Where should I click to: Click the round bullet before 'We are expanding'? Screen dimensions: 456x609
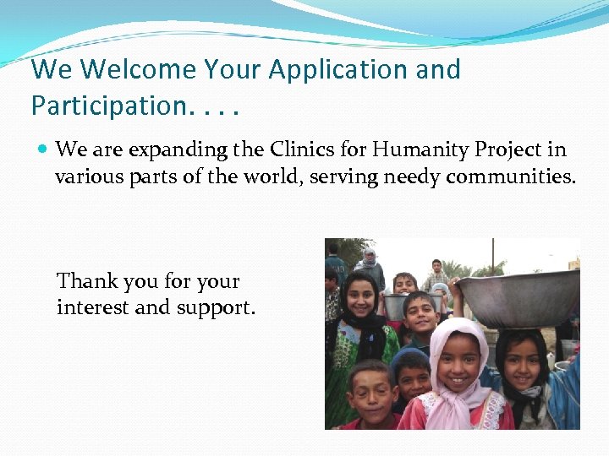tap(42, 150)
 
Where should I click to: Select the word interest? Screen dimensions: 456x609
tap(93, 307)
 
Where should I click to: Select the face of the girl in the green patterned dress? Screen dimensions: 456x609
tap(359, 298)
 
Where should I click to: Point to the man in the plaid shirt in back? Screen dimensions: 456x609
tap(436, 274)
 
